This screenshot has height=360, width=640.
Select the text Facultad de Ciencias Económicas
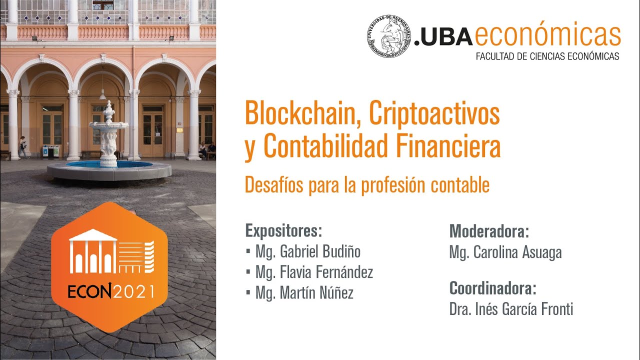[x=547, y=56]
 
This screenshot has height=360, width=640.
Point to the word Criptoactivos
[x=434, y=114]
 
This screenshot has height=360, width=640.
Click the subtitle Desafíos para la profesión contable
[x=366, y=185]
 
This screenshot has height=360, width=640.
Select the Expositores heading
[x=283, y=231]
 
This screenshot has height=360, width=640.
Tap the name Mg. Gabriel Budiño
[x=307, y=251]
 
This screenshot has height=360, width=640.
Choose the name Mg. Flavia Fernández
[x=314, y=272]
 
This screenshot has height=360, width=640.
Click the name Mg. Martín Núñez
[x=304, y=293]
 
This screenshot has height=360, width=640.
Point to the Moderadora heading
[x=489, y=231]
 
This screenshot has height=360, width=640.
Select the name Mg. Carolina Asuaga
[x=505, y=252]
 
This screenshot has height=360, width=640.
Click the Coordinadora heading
[x=492, y=288]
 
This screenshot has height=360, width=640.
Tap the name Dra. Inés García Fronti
[x=511, y=309]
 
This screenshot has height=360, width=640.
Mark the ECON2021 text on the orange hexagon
[x=111, y=291]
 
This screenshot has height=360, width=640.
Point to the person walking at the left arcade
[x=22, y=146]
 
